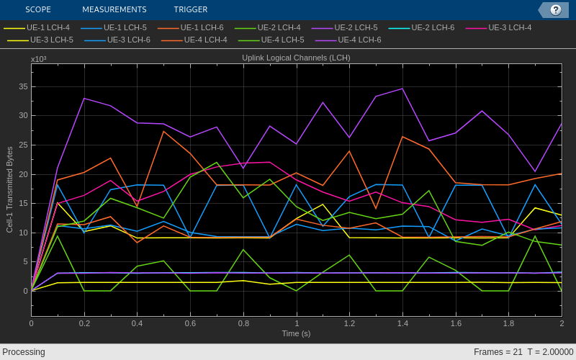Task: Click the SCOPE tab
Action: click(38, 9)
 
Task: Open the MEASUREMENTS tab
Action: click(114, 9)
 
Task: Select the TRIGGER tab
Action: click(190, 9)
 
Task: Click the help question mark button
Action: click(555, 10)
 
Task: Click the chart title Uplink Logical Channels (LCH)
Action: click(296, 58)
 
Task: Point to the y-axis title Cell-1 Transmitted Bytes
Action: click(10, 189)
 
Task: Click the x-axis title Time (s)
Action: click(296, 333)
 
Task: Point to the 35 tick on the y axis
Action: click(23, 86)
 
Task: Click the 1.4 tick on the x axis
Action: click(402, 323)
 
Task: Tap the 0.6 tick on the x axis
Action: click(190, 323)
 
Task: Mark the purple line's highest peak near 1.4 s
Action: click(402, 89)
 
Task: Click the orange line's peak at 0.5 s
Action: click(163, 131)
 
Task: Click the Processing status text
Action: click(24, 352)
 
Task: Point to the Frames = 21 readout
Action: click(498, 352)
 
